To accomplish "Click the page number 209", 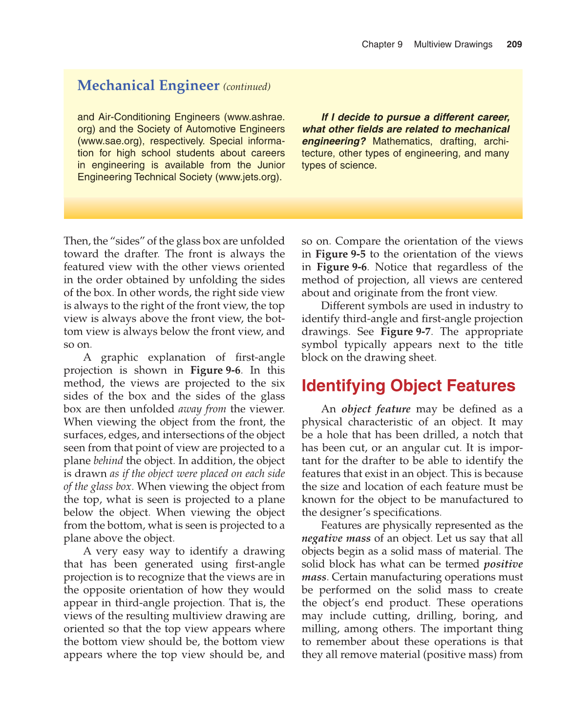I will pyautogui.click(x=514, y=44).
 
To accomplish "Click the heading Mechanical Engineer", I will pyautogui.click(x=148, y=86).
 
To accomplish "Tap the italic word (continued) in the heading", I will pyautogui.click(x=247, y=87).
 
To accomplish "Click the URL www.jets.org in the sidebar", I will pyautogui.click(x=248, y=177).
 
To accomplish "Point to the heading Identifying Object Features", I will pyautogui.click(x=408, y=385).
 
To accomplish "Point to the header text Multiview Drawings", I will pyautogui.click(x=453, y=44).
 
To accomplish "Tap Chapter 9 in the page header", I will pyautogui.click(x=382, y=44).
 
